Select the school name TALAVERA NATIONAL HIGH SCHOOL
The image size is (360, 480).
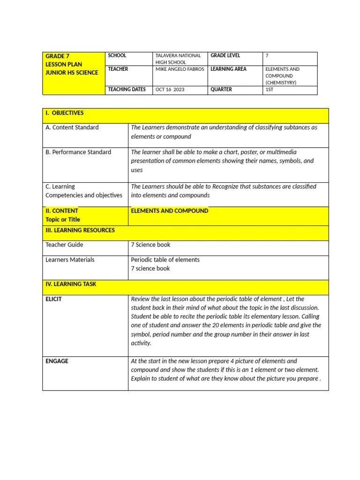pyautogui.click(x=178, y=59)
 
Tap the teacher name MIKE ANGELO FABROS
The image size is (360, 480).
pyautogui.click(x=180, y=69)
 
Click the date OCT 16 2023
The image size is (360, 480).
pyautogui.click(x=170, y=90)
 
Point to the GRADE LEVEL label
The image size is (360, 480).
pyautogui.click(x=225, y=55)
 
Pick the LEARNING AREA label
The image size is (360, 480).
pyautogui.click(x=228, y=69)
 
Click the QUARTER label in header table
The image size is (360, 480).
pyautogui.click(x=221, y=90)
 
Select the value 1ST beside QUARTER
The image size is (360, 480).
pyautogui.click(x=270, y=90)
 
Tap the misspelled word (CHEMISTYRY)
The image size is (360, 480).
pyautogui.click(x=281, y=82)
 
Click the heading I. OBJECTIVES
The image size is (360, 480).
pyautogui.click(x=64, y=113)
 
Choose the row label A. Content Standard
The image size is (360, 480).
pyautogui.click(x=72, y=127)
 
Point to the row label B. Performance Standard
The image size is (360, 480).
pyautogui.click(x=78, y=152)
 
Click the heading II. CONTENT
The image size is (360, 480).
pyautogui.click(x=62, y=211)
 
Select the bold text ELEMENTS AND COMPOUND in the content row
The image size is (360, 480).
pyautogui.click(x=169, y=211)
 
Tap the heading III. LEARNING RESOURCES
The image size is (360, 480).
pyautogui.click(x=80, y=230)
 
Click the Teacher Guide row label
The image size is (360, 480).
pyautogui.click(x=64, y=245)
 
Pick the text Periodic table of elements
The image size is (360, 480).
pyautogui.click(x=165, y=260)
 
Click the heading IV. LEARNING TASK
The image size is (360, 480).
pyautogui.click(x=70, y=284)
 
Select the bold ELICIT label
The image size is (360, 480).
pyautogui.click(x=53, y=299)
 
